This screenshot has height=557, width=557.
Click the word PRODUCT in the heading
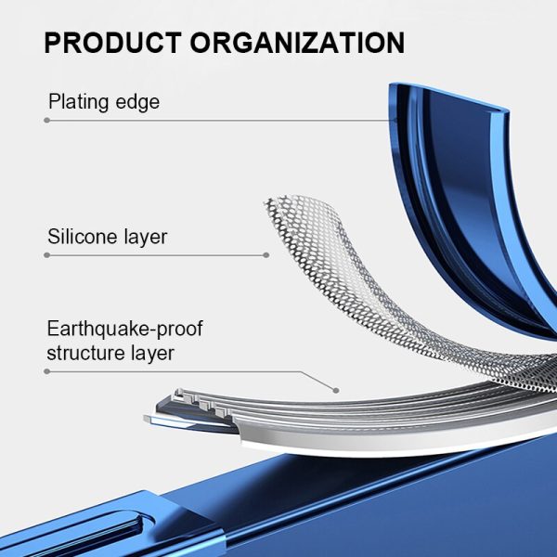point(113,43)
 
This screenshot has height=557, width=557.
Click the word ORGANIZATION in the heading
point(297,43)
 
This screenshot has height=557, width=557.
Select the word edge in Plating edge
point(137,102)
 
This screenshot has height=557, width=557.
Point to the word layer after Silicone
point(146,238)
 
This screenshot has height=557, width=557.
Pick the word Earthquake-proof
point(124,329)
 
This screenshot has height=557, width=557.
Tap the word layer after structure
point(153,354)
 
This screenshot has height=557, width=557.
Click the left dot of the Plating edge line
point(47,121)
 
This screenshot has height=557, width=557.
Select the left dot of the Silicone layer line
point(47,255)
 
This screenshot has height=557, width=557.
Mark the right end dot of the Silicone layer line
point(266,255)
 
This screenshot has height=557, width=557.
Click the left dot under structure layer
point(47,371)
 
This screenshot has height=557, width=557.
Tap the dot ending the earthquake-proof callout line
point(336,391)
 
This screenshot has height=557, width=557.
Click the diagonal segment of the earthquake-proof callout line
point(318,382)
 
